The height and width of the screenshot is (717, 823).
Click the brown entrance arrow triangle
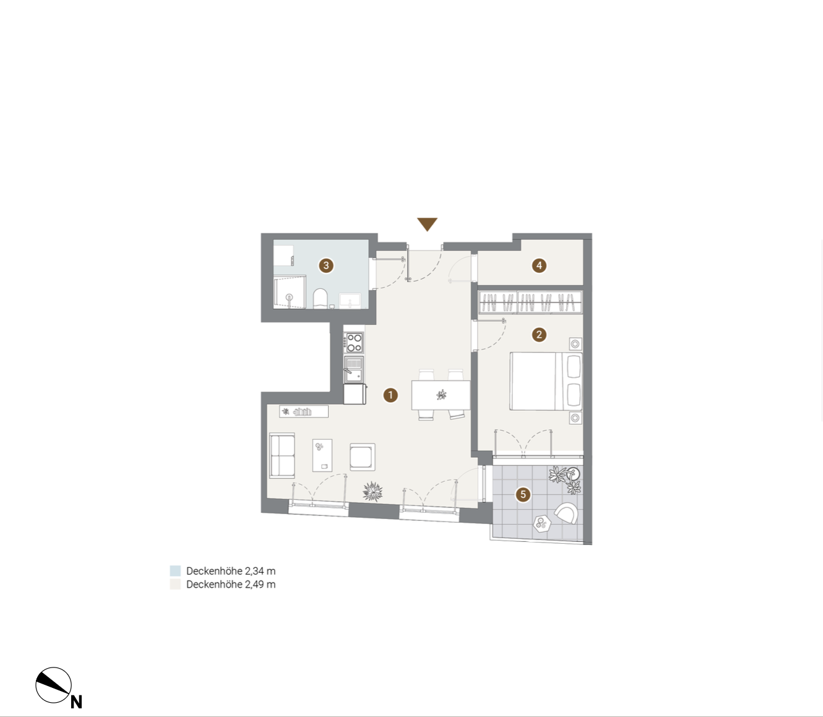point(427,223)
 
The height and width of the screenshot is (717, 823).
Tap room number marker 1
point(390,395)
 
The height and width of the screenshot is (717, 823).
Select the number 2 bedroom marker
point(539,334)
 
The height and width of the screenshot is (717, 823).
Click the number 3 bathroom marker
point(326,265)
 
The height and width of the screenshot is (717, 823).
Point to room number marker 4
point(539,265)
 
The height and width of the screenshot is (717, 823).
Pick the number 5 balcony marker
point(523,494)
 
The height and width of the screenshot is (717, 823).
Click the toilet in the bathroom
point(321,298)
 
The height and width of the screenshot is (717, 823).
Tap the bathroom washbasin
point(350,301)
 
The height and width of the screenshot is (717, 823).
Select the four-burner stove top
point(354,343)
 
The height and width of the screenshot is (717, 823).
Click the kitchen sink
point(354,369)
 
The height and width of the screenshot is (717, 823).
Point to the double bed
point(546,381)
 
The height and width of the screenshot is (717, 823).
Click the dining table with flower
point(441,395)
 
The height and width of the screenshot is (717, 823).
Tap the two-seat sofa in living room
point(282,455)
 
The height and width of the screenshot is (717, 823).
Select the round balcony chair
point(566,513)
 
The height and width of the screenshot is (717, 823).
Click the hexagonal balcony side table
point(541,523)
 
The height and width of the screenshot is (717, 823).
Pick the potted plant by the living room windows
point(373,491)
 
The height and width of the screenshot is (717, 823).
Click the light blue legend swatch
point(175,570)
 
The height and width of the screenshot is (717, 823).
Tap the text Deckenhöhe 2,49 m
point(231,584)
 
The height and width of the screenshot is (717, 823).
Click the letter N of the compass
point(76,702)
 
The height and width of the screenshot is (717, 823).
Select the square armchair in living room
point(363,457)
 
